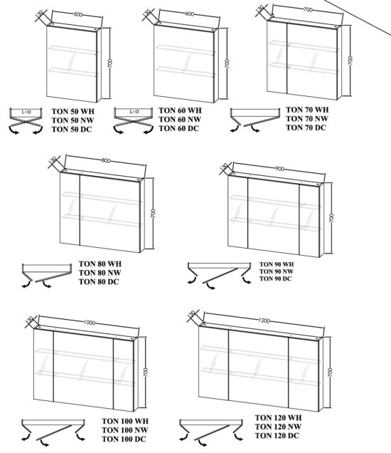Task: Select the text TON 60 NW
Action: (180, 119)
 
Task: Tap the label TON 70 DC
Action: (306, 127)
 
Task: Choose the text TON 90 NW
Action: (275, 271)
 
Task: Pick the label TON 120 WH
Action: (278, 418)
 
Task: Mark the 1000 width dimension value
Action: (88, 322)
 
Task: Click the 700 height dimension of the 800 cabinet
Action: (154, 213)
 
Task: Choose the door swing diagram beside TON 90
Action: (217, 274)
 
